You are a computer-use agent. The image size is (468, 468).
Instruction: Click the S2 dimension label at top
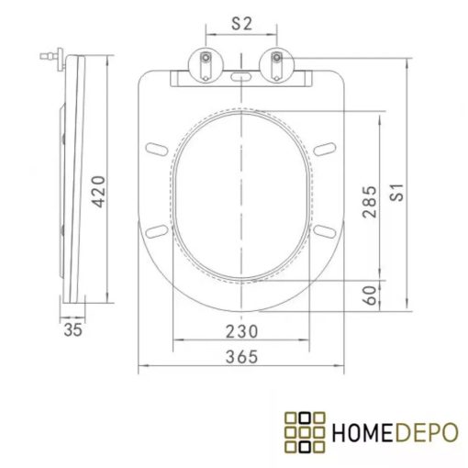(x=240, y=26)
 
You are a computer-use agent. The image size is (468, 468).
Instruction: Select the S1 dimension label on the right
(x=397, y=192)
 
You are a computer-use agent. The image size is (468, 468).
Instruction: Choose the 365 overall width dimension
(x=241, y=357)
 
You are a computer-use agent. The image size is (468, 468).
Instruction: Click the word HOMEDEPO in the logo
(x=392, y=430)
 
